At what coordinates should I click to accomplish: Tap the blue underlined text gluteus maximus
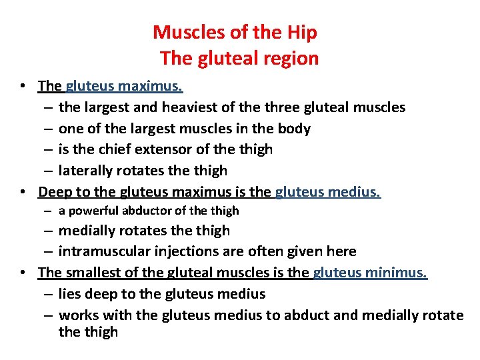[124, 86]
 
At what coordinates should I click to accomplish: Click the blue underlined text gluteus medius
[327, 193]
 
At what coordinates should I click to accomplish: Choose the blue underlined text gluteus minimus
[370, 273]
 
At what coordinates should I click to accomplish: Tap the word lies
[70, 294]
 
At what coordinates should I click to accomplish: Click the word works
[77, 315]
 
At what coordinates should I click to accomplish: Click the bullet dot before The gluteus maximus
[23, 87]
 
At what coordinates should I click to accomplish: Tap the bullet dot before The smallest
[23, 273]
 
